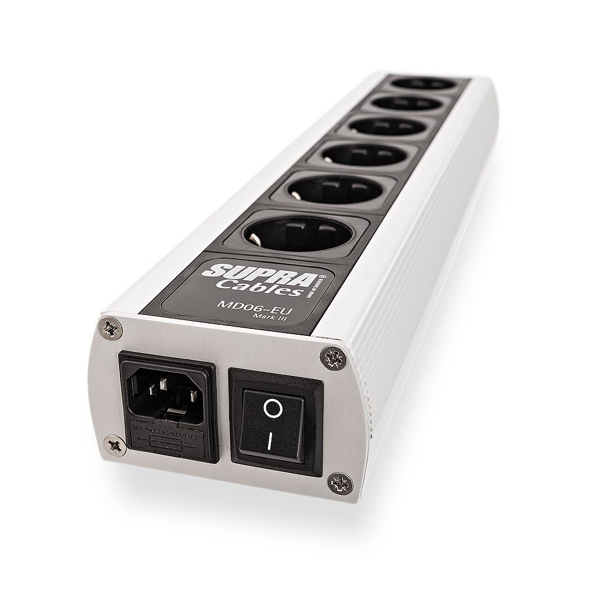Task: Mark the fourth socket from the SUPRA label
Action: coord(380,127)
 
